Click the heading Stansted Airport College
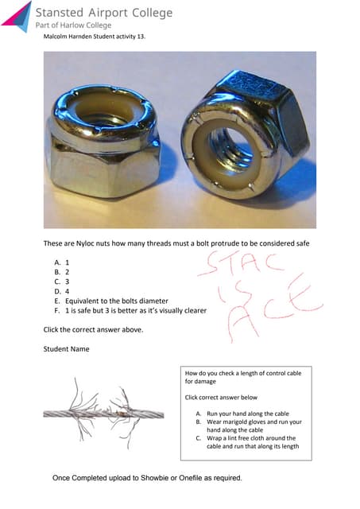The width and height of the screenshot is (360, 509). pos(103,12)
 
